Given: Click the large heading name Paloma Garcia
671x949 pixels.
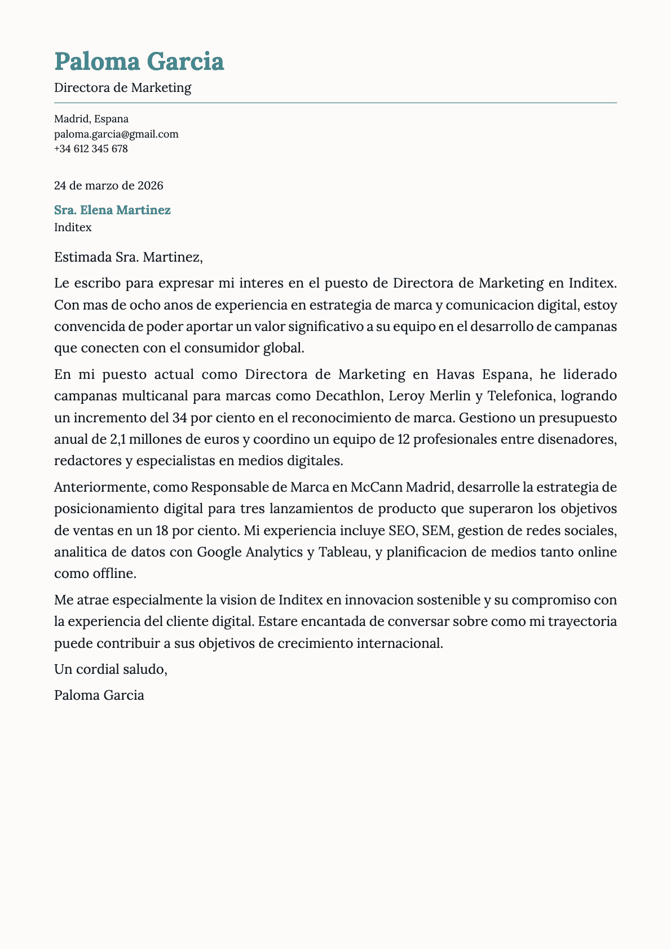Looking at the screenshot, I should tap(139, 61).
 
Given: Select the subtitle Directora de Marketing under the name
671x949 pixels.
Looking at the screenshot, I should tap(122, 87).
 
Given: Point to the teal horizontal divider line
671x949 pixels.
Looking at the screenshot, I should tap(335, 103).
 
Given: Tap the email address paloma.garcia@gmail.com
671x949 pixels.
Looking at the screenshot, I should tap(116, 134).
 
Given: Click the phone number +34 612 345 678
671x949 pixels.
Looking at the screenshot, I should tap(91, 149).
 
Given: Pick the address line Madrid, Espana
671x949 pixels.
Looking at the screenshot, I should tap(91, 119).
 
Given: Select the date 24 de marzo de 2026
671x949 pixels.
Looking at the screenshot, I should tap(108, 185).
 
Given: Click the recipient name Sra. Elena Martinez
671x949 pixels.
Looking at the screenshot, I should tap(112, 210).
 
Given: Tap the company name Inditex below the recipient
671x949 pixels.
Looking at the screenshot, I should tap(73, 228).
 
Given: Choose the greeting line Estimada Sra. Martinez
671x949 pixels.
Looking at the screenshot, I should tap(128, 258).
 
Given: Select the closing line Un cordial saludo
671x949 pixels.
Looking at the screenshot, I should tap(111, 669).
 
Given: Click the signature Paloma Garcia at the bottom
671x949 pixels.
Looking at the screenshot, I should tap(99, 695).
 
